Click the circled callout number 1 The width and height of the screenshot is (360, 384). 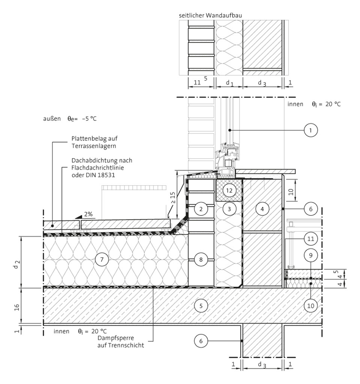tap(310, 130)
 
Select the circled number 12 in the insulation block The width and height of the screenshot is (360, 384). tap(229, 190)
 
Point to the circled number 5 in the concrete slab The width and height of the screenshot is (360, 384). tap(201, 306)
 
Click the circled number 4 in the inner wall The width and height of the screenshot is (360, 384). tap(262, 209)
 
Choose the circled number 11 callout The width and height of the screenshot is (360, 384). tap(310, 238)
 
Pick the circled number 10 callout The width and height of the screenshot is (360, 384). tap(310, 305)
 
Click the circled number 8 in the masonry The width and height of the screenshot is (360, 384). tap(201, 259)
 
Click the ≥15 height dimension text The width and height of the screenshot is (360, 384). tap(173, 198)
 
